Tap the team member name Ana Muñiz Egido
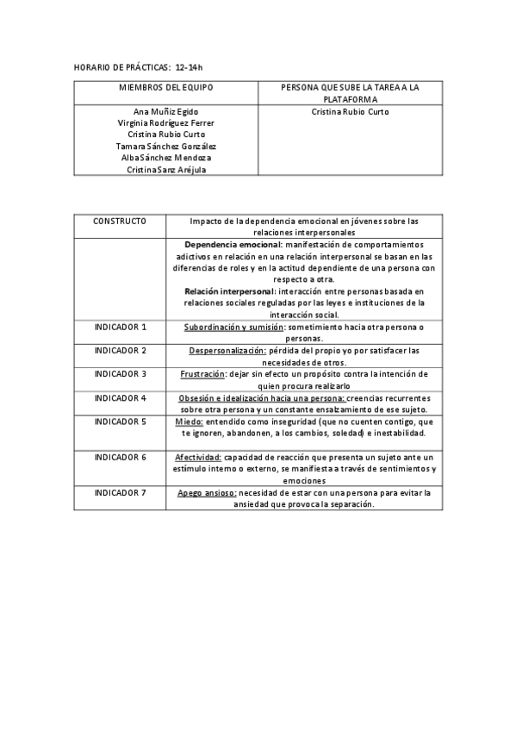[x=165, y=112]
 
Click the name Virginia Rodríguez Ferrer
[x=165, y=123]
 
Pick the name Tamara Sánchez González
[x=165, y=147]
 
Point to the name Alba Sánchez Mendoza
[x=165, y=158]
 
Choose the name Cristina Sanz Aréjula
[x=165, y=170]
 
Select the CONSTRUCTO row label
[x=120, y=222]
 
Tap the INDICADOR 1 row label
[x=120, y=328]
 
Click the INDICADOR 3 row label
[x=120, y=374]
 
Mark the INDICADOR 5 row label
[x=120, y=422]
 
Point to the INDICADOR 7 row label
[x=120, y=492]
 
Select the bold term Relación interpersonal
[x=228, y=291]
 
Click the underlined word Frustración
[x=202, y=374]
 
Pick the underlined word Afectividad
[x=198, y=457]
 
